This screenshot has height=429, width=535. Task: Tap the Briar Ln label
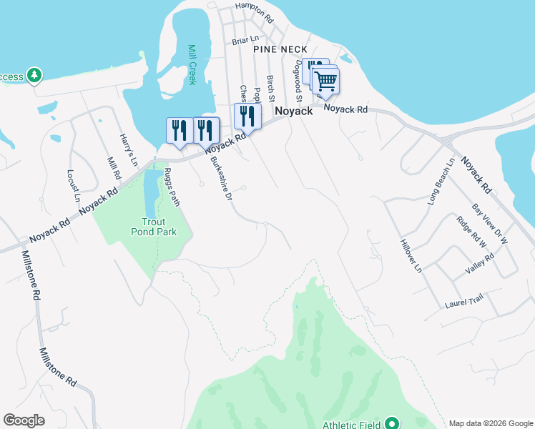point(244,41)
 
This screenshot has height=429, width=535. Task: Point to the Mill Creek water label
point(192,64)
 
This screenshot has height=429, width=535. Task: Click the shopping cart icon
point(326,80)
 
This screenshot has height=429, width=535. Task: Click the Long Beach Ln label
point(441,182)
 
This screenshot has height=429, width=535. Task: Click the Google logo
point(24,420)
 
